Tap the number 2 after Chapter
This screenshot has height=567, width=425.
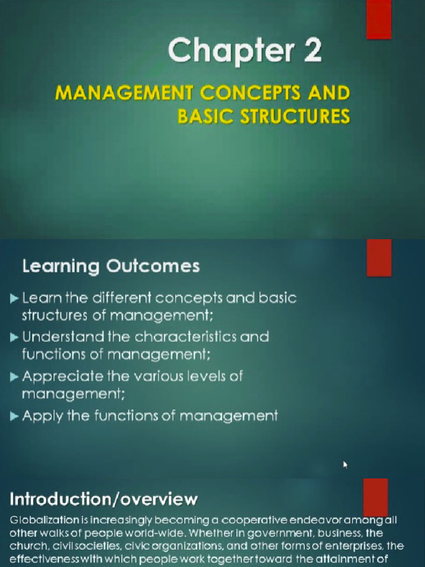click(x=310, y=51)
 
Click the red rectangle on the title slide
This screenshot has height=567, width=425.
click(x=379, y=19)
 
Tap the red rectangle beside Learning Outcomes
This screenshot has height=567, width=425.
click(x=379, y=257)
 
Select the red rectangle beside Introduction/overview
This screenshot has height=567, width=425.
click(x=375, y=497)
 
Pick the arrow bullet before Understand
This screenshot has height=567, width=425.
click(x=14, y=337)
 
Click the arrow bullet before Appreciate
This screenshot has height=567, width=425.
click(x=14, y=377)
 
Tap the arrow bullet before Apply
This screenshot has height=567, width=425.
click(x=14, y=416)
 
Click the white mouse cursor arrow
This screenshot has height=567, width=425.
click(x=345, y=465)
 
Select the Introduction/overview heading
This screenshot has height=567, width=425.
click(x=103, y=499)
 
